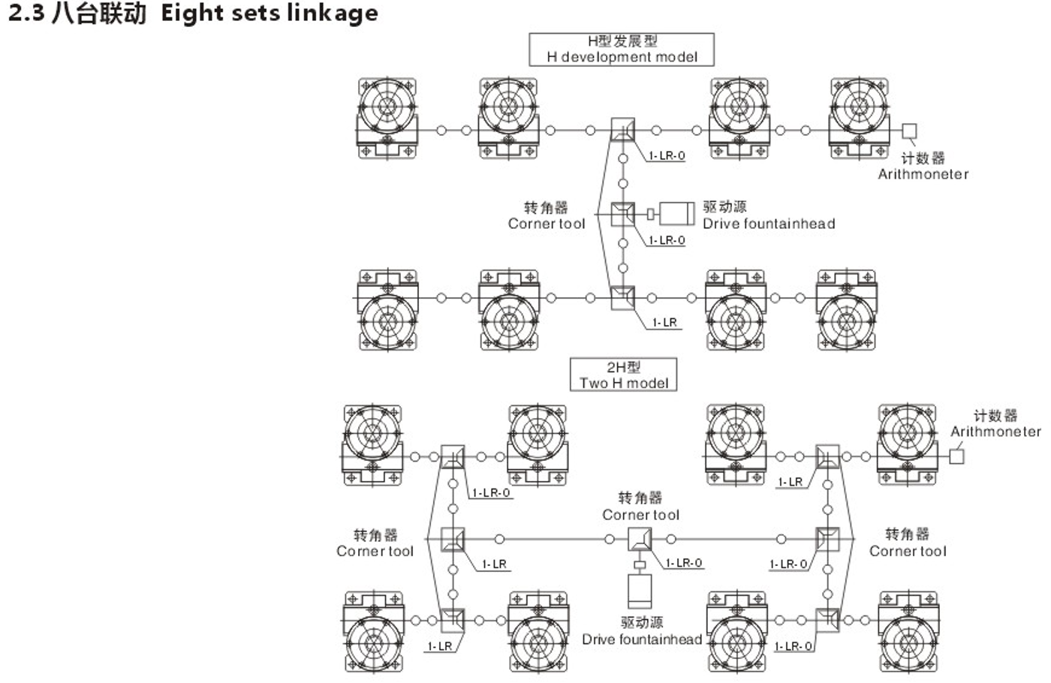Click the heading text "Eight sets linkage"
[270, 14]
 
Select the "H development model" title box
[622, 50]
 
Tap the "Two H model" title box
[624, 375]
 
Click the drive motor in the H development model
[677, 214]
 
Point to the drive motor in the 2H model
[640, 591]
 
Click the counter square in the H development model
[909, 131]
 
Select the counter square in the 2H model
[956, 456]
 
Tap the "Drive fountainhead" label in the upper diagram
[769, 224]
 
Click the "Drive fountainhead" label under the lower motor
[642, 639]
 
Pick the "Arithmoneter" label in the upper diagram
[923, 174]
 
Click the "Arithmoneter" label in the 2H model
[995, 431]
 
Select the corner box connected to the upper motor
[622, 214]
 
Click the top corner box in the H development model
[622, 129]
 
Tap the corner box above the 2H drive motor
[640, 539]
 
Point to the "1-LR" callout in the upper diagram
[664, 322]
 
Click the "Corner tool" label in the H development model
[547, 224]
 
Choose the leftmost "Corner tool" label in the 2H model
[375, 551]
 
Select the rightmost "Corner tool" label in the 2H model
[908, 551]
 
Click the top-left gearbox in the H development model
[387, 119]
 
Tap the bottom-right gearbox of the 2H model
[908, 632]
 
